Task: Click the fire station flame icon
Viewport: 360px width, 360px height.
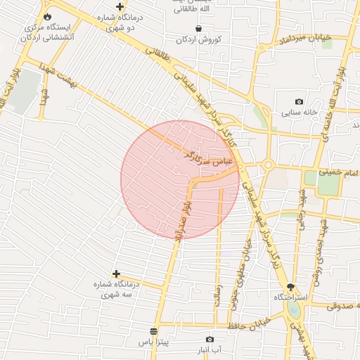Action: tap(47, 16)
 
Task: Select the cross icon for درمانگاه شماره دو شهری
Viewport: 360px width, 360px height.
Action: tap(120, 6)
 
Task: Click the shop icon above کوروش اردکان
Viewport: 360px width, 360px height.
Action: tap(199, 28)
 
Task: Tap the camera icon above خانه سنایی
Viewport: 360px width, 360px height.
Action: tap(300, 101)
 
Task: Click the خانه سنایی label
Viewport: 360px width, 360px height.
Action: tap(300, 112)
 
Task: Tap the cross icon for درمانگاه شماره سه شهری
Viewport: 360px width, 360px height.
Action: tap(116, 273)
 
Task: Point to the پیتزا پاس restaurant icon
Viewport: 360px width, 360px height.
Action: tap(153, 331)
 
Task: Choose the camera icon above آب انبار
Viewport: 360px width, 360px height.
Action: tap(209, 339)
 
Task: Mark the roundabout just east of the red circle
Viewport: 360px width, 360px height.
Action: tap(268, 165)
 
